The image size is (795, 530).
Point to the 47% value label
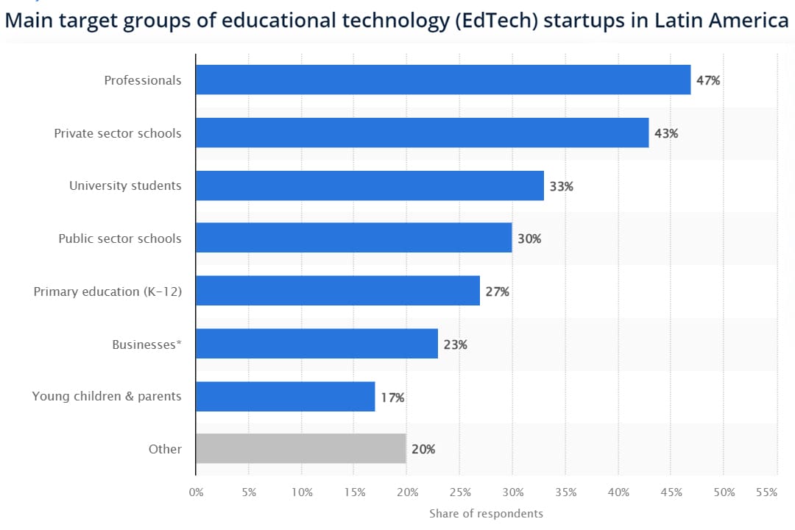pos(708,80)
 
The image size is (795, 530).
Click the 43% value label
pos(666,134)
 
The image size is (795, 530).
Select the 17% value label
pos(392,397)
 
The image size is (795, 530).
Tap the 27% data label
pos(497,291)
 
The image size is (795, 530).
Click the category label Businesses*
pos(146,344)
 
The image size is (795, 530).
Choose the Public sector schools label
pos(120,239)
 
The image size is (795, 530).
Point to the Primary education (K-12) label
pos(107,291)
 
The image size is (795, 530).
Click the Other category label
pos(165,448)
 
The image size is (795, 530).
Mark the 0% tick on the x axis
pos(196,492)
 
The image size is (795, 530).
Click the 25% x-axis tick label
pos(460,492)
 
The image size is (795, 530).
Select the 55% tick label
pos(766,492)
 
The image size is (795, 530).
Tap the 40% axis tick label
pos(618,492)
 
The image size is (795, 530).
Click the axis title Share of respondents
pos(486,513)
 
